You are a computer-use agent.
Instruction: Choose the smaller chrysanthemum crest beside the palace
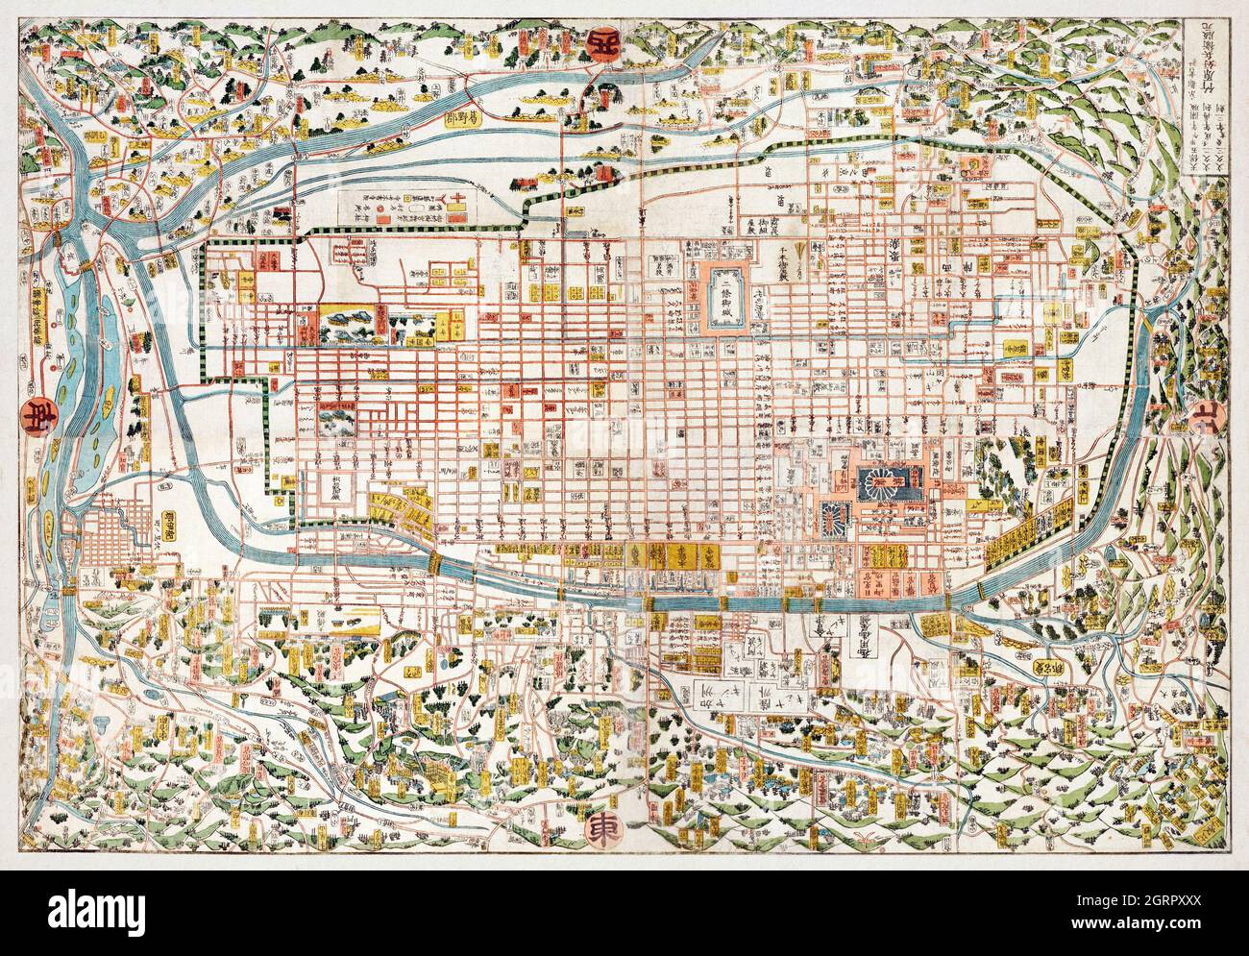[x=832, y=510]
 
